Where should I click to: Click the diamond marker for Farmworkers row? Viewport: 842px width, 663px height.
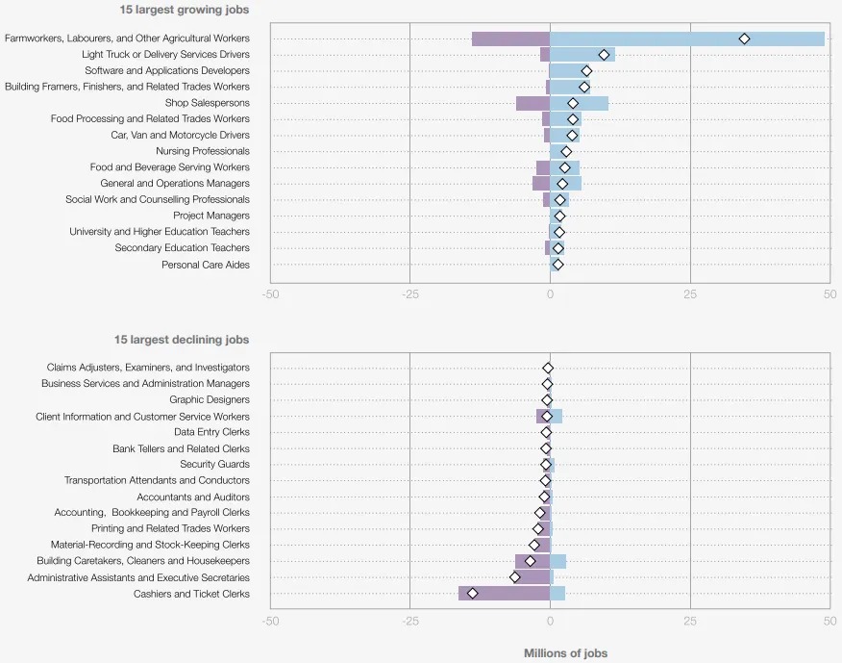coord(744,38)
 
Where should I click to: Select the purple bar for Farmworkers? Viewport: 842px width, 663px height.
coord(509,38)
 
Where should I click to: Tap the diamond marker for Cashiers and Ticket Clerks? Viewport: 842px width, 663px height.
coord(472,594)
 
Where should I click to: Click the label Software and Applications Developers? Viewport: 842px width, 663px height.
coord(167,70)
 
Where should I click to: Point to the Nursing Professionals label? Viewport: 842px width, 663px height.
coord(203,151)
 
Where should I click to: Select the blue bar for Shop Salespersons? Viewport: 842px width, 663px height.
coord(580,103)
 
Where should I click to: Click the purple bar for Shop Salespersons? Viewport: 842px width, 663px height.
coord(532,103)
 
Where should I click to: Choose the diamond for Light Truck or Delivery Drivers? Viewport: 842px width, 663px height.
coord(604,55)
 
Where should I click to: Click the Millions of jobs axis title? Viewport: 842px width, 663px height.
coord(565,653)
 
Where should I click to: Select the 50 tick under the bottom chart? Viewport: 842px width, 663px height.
coord(830,622)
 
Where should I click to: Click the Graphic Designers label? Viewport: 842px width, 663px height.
coord(210,399)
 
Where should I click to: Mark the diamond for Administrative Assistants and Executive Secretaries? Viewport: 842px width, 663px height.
coord(514,577)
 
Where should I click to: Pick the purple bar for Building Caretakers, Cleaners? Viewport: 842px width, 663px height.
coord(532,561)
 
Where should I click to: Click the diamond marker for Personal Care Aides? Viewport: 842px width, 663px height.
coord(557,265)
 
